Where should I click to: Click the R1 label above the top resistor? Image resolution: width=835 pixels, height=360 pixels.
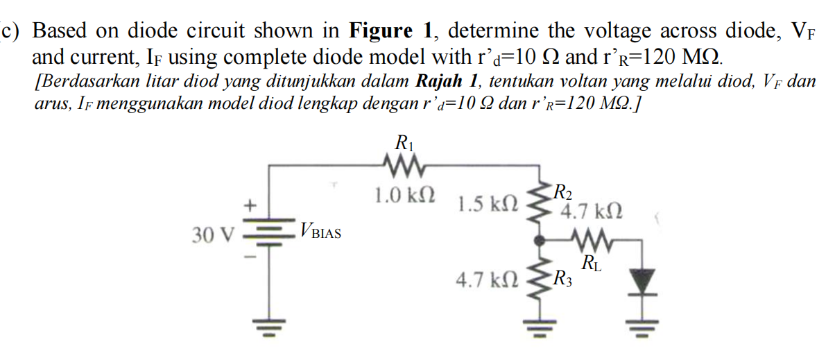click(x=404, y=144)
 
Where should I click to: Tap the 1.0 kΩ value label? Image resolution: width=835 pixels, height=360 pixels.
click(x=406, y=195)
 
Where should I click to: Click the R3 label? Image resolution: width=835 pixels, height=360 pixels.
click(x=560, y=280)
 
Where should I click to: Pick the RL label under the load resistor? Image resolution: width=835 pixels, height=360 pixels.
click(x=592, y=263)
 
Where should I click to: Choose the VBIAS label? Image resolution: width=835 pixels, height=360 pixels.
click(x=320, y=230)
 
